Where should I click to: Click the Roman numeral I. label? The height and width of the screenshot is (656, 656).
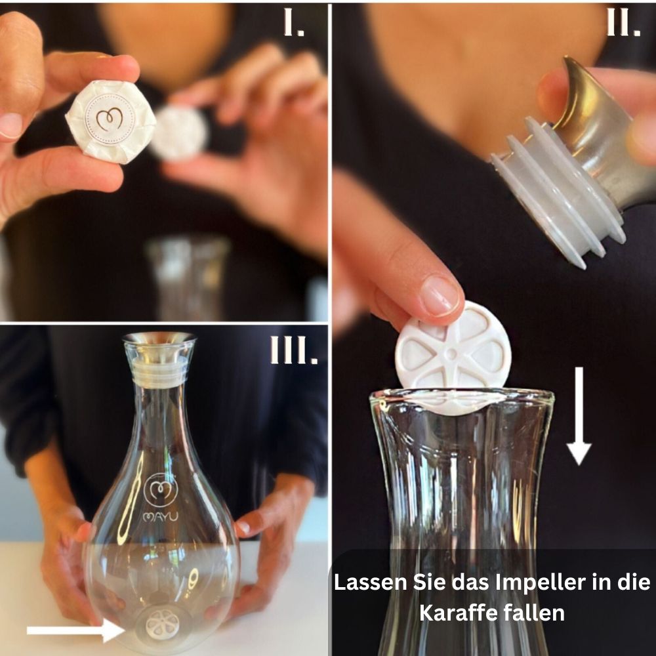pos(294,22)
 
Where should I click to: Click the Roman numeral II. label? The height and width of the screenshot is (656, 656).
pos(623,22)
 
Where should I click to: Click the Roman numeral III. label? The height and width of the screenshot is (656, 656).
pos(294,350)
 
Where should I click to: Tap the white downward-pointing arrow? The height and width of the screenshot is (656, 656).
pos(579,416)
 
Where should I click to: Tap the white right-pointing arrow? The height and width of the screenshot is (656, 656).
pos(76,630)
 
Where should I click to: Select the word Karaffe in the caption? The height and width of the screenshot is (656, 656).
pos(458,613)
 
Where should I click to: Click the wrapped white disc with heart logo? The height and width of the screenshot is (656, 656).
pos(110,121)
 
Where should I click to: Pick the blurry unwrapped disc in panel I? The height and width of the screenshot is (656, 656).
pos(180,133)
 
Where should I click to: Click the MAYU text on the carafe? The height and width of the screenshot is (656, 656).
pos(161,517)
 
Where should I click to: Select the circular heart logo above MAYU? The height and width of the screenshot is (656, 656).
pos(161,489)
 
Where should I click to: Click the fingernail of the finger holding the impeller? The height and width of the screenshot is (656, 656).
pos(440,296)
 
